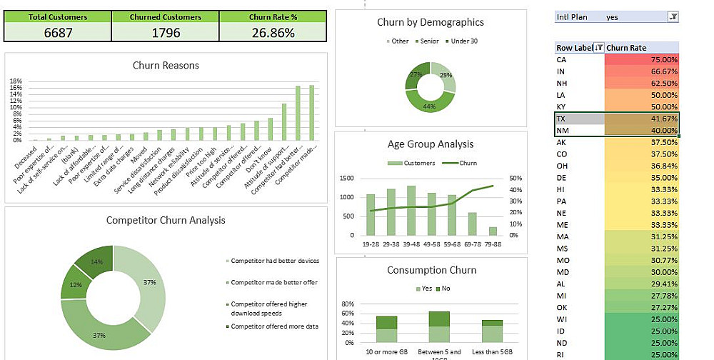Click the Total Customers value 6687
58,32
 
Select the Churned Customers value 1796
166,32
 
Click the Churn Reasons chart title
166,66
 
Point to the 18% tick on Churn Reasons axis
16,81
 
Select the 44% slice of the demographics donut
430,106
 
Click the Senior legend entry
429,41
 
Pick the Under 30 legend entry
463,41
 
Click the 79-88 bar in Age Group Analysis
493,231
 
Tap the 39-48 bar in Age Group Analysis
411,211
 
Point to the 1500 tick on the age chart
347,179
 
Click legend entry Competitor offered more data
274,326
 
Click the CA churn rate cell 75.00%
641,60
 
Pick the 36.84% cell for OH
641,166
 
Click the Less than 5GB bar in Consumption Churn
492,332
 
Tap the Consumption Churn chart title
431,270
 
